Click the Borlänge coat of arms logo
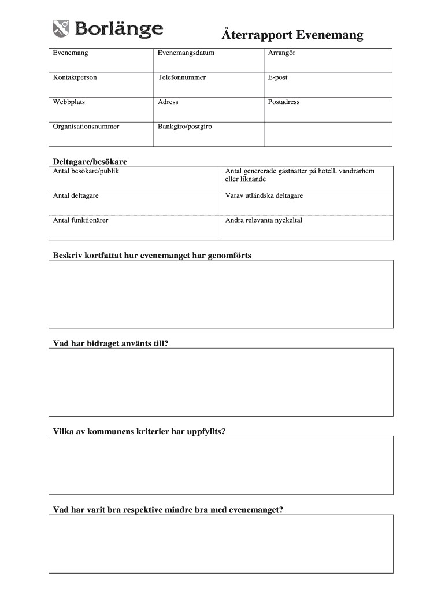coord(61,28)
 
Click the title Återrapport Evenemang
coord(292,35)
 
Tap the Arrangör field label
coord(281,53)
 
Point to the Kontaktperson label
coord(75,77)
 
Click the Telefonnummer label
coord(181,77)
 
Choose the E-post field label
coord(277,77)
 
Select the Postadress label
coord(284,102)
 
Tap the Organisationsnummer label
coord(86,127)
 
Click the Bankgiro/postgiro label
coord(184,127)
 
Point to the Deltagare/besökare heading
coord(90,161)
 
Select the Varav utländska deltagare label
coord(264,196)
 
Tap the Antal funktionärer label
coord(80,220)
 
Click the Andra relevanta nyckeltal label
coord(264,220)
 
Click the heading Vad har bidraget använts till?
coord(111,343)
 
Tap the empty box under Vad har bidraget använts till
coord(221,382)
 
